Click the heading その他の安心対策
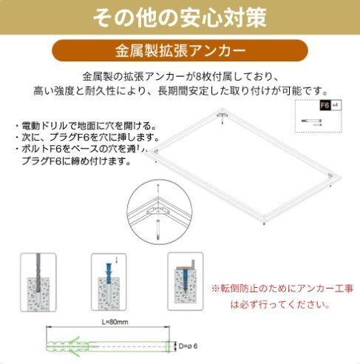coord(180,16)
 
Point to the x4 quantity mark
coord(334,105)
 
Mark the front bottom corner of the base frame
coord(266,220)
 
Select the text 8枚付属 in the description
coord(210,76)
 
